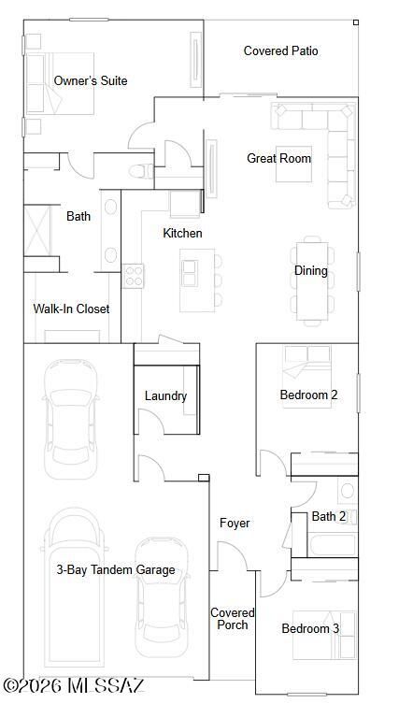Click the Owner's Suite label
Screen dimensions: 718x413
pyautogui.click(x=91, y=81)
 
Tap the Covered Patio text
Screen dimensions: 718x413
pyautogui.click(x=280, y=50)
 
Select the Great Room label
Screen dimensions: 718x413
pyautogui.click(x=278, y=158)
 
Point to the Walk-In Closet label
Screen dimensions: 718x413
pyautogui.click(x=71, y=309)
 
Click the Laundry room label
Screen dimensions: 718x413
pyautogui.click(x=165, y=395)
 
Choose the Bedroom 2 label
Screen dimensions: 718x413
pyautogui.click(x=308, y=395)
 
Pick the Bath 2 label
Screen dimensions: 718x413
pyautogui.click(x=328, y=516)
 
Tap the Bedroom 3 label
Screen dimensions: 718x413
pyautogui.click(x=310, y=628)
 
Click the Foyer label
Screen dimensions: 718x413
pyautogui.click(x=235, y=523)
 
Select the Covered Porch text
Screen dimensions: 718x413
pyautogui.click(x=232, y=618)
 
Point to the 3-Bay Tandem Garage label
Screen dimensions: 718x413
pyautogui.click(x=115, y=569)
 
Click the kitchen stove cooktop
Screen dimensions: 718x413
pyautogui.click(x=134, y=275)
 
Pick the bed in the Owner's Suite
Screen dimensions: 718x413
pyautogui.click(x=58, y=82)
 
